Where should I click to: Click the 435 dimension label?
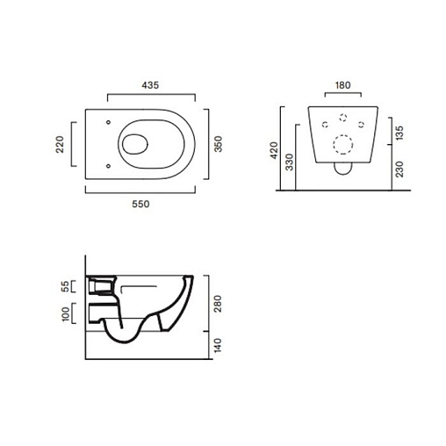pyautogui.click(x=150, y=85)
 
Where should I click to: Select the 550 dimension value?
pyautogui.click(x=140, y=204)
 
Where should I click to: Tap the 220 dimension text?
pyautogui.click(x=60, y=144)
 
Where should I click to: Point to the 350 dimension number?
pyautogui.click(x=219, y=144)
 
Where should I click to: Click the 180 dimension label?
pyautogui.click(x=342, y=85)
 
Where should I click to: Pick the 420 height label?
pyautogui.click(x=274, y=150)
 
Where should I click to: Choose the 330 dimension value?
pyautogui.click(x=289, y=162)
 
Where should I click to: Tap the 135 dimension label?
pyautogui.click(x=399, y=133)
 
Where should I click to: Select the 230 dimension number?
pyautogui.click(x=399, y=169)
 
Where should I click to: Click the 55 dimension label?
pyautogui.click(x=66, y=286)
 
